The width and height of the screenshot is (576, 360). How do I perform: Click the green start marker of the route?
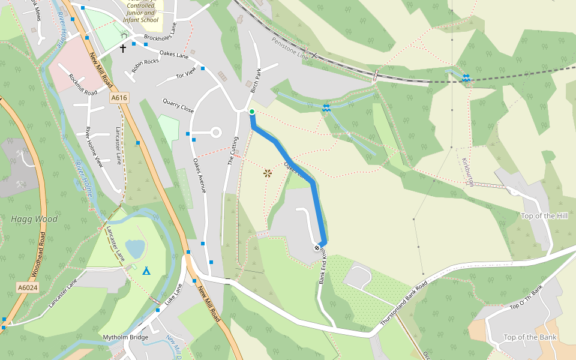pos(252,112)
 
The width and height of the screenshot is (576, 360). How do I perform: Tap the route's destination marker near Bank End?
pos(317,247)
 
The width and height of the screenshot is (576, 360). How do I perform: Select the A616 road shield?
pos(119,97)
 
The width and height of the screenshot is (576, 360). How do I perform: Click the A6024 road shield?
pos(26,288)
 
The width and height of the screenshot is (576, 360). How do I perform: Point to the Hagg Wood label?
pos(34,219)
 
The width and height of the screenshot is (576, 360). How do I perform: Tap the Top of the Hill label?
pos(544,216)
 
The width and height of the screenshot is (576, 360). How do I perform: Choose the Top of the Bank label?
pos(530,337)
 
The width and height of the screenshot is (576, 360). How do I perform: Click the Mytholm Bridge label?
pos(125,337)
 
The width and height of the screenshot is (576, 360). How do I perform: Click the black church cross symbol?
pos(123,48)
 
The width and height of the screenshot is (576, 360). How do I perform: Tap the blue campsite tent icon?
pos(146,271)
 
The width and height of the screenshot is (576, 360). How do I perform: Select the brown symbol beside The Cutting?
pos(267,173)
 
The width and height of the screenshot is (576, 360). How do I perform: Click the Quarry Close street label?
pos(178,106)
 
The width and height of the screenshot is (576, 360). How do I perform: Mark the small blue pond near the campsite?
pos(135,247)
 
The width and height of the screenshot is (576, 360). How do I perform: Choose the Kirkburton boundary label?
pos(467,172)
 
